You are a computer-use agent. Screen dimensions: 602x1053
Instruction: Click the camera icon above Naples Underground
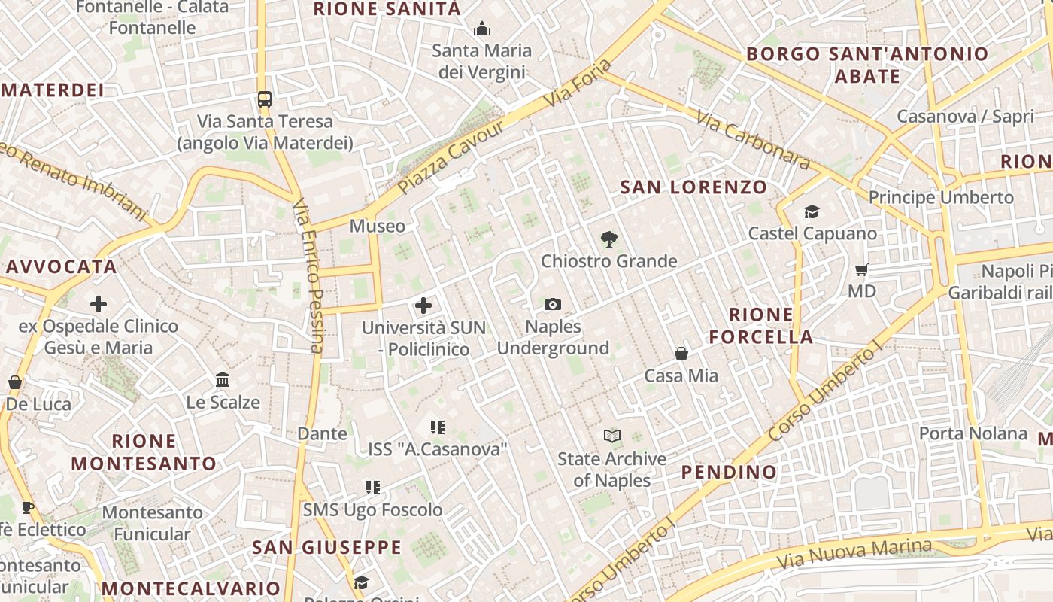(553, 304)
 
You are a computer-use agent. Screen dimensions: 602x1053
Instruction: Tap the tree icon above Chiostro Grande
(609, 239)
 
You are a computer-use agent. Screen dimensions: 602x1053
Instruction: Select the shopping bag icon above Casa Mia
(681, 353)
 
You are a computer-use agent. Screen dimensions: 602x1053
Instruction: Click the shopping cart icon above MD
(862, 269)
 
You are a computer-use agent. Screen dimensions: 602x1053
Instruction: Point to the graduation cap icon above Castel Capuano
(812, 211)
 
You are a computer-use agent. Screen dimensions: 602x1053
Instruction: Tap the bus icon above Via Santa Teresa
(264, 99)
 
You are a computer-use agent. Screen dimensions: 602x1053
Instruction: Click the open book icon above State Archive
(612, 436)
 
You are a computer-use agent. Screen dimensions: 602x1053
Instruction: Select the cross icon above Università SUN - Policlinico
(423, 306)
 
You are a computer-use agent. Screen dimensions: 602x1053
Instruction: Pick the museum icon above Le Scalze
(223, 379)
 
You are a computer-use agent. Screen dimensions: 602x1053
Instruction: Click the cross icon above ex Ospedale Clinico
(99, 304)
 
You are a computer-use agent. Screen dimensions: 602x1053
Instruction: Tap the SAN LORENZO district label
(693, 187)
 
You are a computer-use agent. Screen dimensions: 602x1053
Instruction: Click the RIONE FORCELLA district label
(761, 325)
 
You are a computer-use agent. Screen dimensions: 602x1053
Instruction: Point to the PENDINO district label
(729, 472)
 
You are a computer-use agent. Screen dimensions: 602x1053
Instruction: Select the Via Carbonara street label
(752, 140)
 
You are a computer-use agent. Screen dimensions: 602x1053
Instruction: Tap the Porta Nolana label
(973, 433)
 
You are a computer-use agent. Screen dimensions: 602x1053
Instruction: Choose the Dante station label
(322, 433)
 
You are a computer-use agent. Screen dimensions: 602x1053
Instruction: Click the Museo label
(377, 226)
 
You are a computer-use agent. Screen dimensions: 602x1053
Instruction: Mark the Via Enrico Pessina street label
(308, 275)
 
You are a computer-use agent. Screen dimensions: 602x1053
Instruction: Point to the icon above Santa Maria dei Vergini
(482, 29)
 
